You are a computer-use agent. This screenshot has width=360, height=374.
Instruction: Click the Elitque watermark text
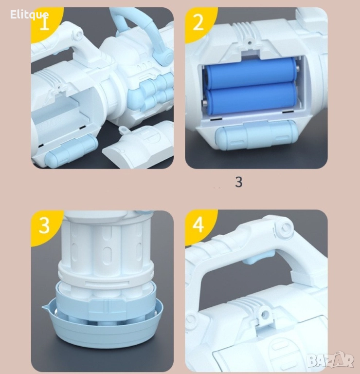pyautogui.click(x=29, y=15)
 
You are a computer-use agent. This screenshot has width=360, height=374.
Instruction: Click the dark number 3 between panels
pyautogui.click(x=238, y=182)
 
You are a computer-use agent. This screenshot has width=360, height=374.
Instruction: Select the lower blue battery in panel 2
pyautogui.click(x=251, y=98)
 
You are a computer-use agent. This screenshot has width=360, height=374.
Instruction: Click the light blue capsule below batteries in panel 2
pyautogui.click(x=255, y=135)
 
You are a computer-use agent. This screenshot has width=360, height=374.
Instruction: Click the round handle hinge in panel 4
pyautogui.click(x=284, y=228)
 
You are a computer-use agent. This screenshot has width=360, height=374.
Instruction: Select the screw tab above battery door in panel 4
pyautogui.click(x=264, y=316)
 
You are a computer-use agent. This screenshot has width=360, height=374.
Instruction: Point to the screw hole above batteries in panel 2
pyautogui.click(x=250, y=43)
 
